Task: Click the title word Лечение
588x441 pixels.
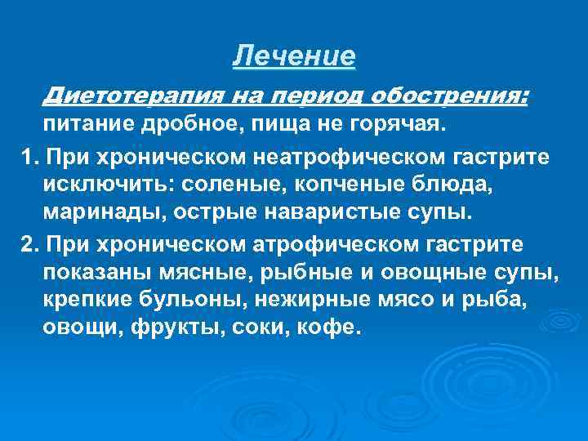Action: coord(294,56)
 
